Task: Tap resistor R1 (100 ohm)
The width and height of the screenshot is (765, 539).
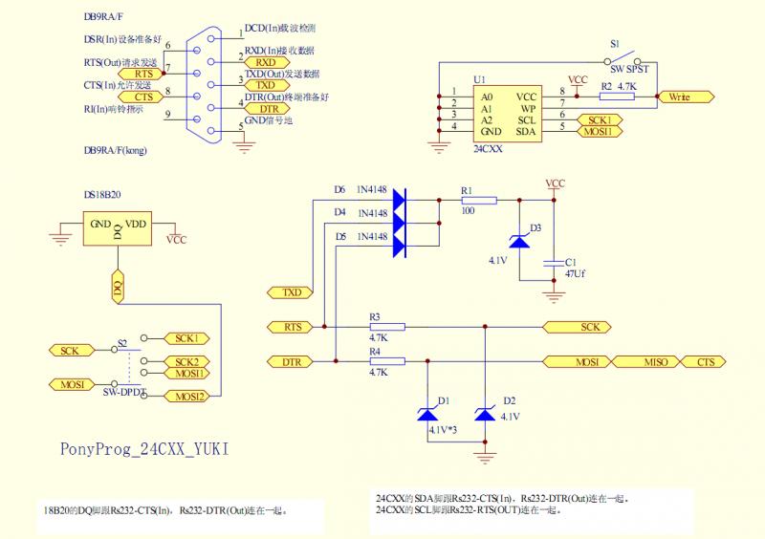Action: pos(480,200)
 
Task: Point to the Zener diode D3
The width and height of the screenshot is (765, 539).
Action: pos(519,242)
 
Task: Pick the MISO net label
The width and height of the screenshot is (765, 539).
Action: pos(656,362)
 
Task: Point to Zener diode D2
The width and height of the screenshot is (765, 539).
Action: pos(486,414)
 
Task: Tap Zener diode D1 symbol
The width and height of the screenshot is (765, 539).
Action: pos(426,414)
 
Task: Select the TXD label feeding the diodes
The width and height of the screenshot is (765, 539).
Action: pos(293,291)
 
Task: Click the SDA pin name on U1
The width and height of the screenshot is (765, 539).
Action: pos(526,131)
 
